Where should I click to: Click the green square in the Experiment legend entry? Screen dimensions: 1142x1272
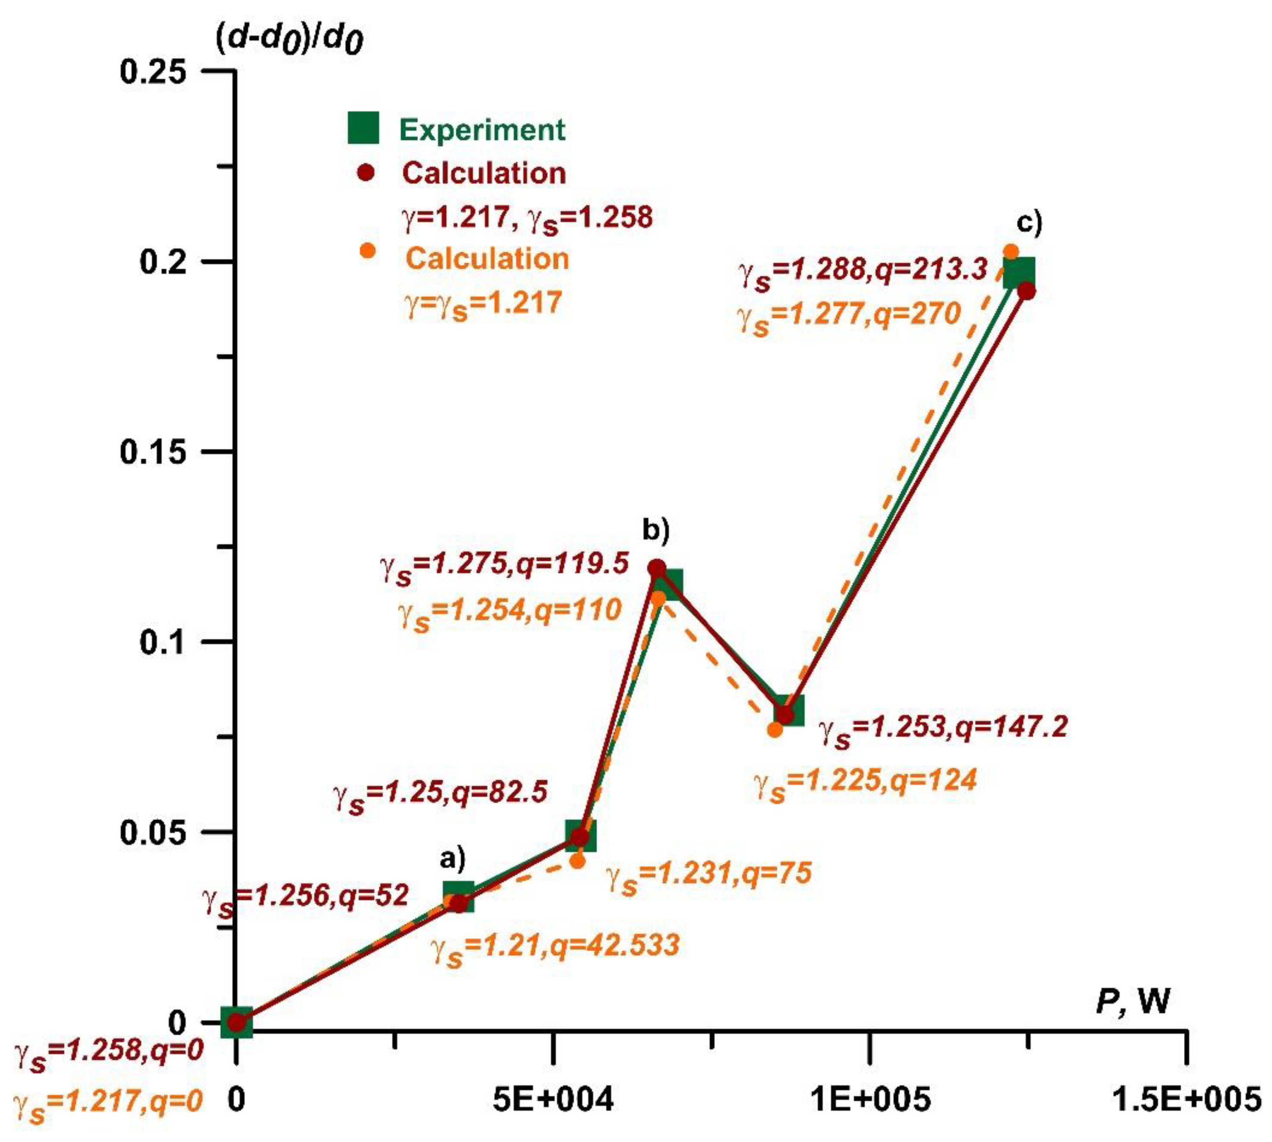tap(364, 128)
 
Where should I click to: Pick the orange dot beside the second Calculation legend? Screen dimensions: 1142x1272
tap(368, 251)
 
